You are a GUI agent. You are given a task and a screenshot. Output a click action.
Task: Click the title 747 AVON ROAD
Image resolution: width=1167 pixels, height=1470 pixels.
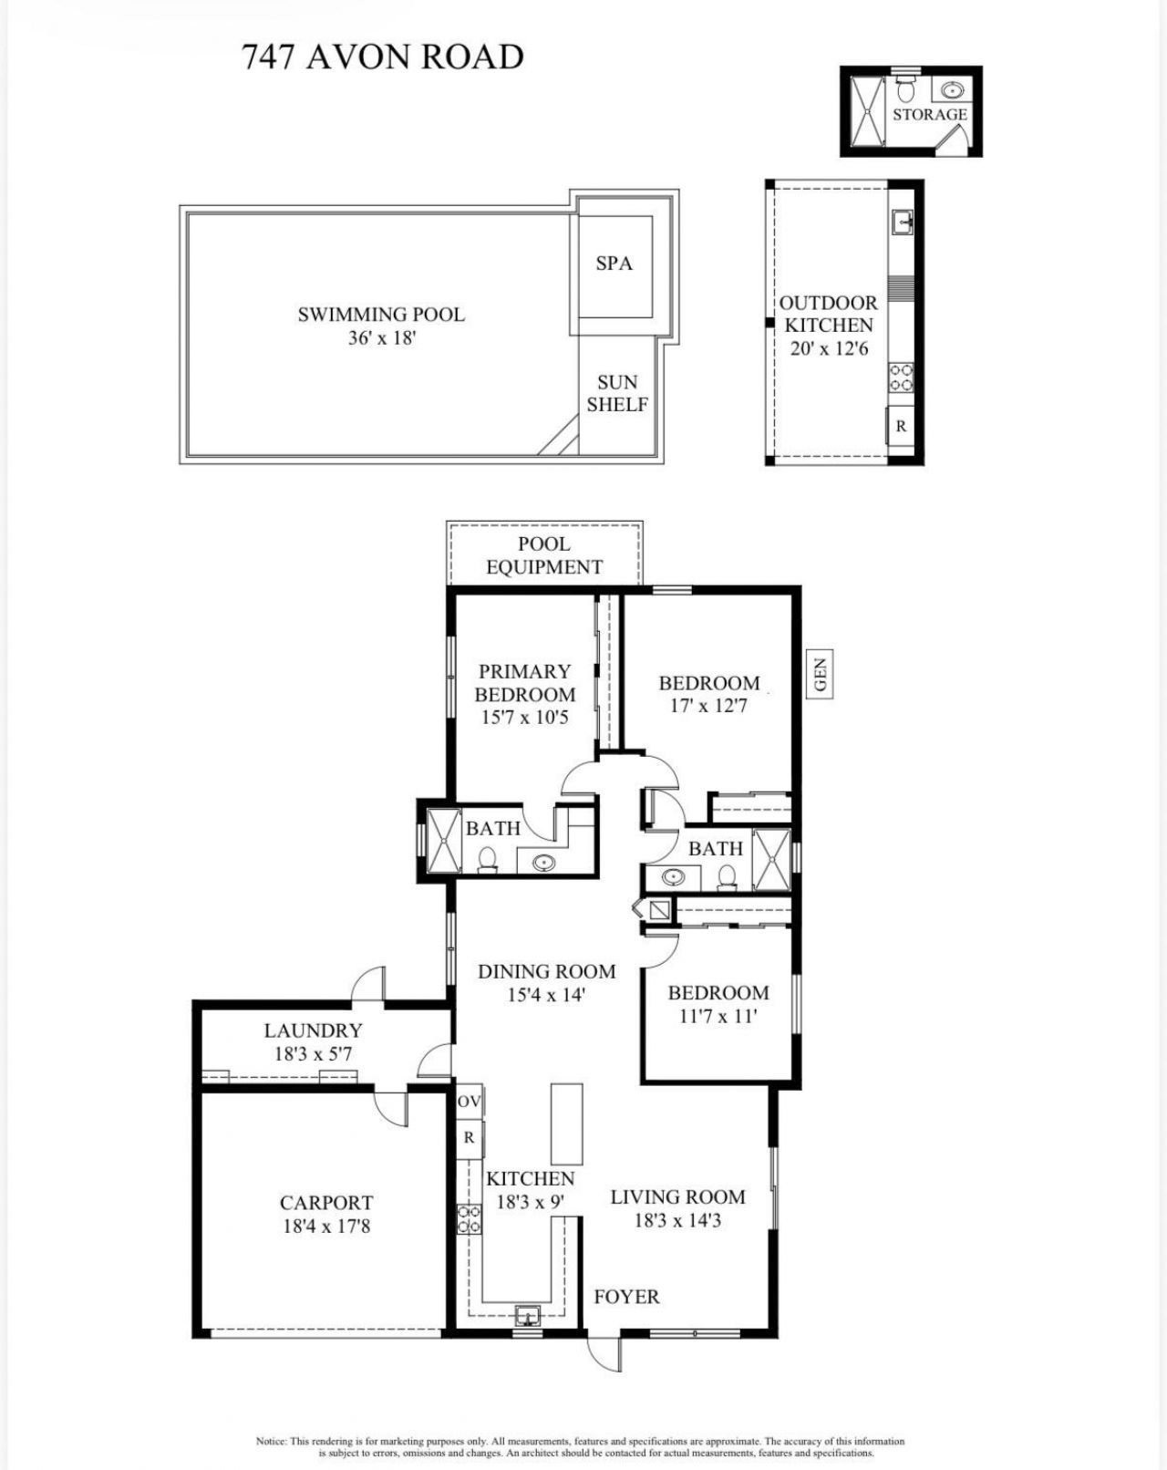pos(383,57)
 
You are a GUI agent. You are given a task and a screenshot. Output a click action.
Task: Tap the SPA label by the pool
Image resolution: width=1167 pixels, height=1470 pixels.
pos(614,264)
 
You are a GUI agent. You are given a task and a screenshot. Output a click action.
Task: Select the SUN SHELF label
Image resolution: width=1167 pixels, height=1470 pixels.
pos(617,393)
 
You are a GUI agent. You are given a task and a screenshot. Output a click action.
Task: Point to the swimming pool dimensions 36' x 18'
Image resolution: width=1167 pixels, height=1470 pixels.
pos(381,338)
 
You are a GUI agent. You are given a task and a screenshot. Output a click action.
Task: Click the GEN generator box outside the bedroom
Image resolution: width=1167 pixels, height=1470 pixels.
pos(820,675)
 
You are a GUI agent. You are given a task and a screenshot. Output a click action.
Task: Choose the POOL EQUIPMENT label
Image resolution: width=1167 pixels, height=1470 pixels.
pos(544,555)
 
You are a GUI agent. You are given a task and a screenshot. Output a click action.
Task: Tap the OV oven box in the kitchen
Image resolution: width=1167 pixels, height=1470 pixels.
pos(469,1102)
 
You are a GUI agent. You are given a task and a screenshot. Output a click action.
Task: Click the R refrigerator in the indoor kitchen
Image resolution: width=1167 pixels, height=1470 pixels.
pos(469,1138)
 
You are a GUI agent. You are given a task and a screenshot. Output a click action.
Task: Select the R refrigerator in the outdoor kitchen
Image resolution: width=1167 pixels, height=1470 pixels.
pos(901,426)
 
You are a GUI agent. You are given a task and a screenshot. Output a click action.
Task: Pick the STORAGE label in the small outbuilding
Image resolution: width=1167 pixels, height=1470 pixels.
pos(929,114)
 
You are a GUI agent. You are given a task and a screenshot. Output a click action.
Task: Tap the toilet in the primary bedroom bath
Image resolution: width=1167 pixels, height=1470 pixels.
pos(488,860)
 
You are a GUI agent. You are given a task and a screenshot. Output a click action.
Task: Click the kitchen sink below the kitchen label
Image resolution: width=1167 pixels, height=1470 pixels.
pos(527,1316)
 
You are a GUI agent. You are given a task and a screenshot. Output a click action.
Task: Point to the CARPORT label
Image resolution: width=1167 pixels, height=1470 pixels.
pos(325,1203)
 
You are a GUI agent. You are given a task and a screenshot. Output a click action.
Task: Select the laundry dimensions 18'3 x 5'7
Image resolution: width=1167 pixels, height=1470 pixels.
pos(313,1054)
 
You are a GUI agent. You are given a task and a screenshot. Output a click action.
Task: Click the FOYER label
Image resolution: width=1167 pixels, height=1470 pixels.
pos(626,1296)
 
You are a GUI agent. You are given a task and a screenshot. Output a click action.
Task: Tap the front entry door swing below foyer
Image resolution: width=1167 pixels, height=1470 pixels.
pos(603,1353)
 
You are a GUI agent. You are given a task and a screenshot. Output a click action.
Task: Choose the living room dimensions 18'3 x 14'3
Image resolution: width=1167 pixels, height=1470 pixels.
pos(677,1220)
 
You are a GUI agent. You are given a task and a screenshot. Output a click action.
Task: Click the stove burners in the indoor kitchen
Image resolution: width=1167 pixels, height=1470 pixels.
pos(469,1218)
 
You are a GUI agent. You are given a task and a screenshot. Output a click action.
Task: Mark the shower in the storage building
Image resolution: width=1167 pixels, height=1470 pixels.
pos(867,111)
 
